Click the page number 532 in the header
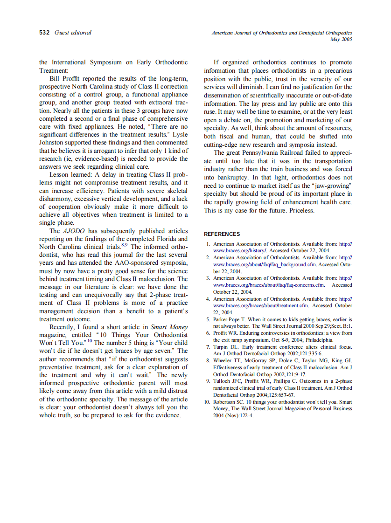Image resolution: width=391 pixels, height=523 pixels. [45, 33]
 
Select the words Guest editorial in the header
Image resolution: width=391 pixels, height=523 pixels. [73, 33]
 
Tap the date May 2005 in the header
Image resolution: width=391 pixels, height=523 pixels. [341, 40]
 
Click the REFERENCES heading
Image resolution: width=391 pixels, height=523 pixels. [222, 234]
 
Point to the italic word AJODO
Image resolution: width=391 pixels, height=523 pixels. [73, 231]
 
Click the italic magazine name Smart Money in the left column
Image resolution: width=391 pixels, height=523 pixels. [169, 327]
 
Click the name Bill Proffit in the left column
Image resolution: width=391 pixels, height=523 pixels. [66, 78]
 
